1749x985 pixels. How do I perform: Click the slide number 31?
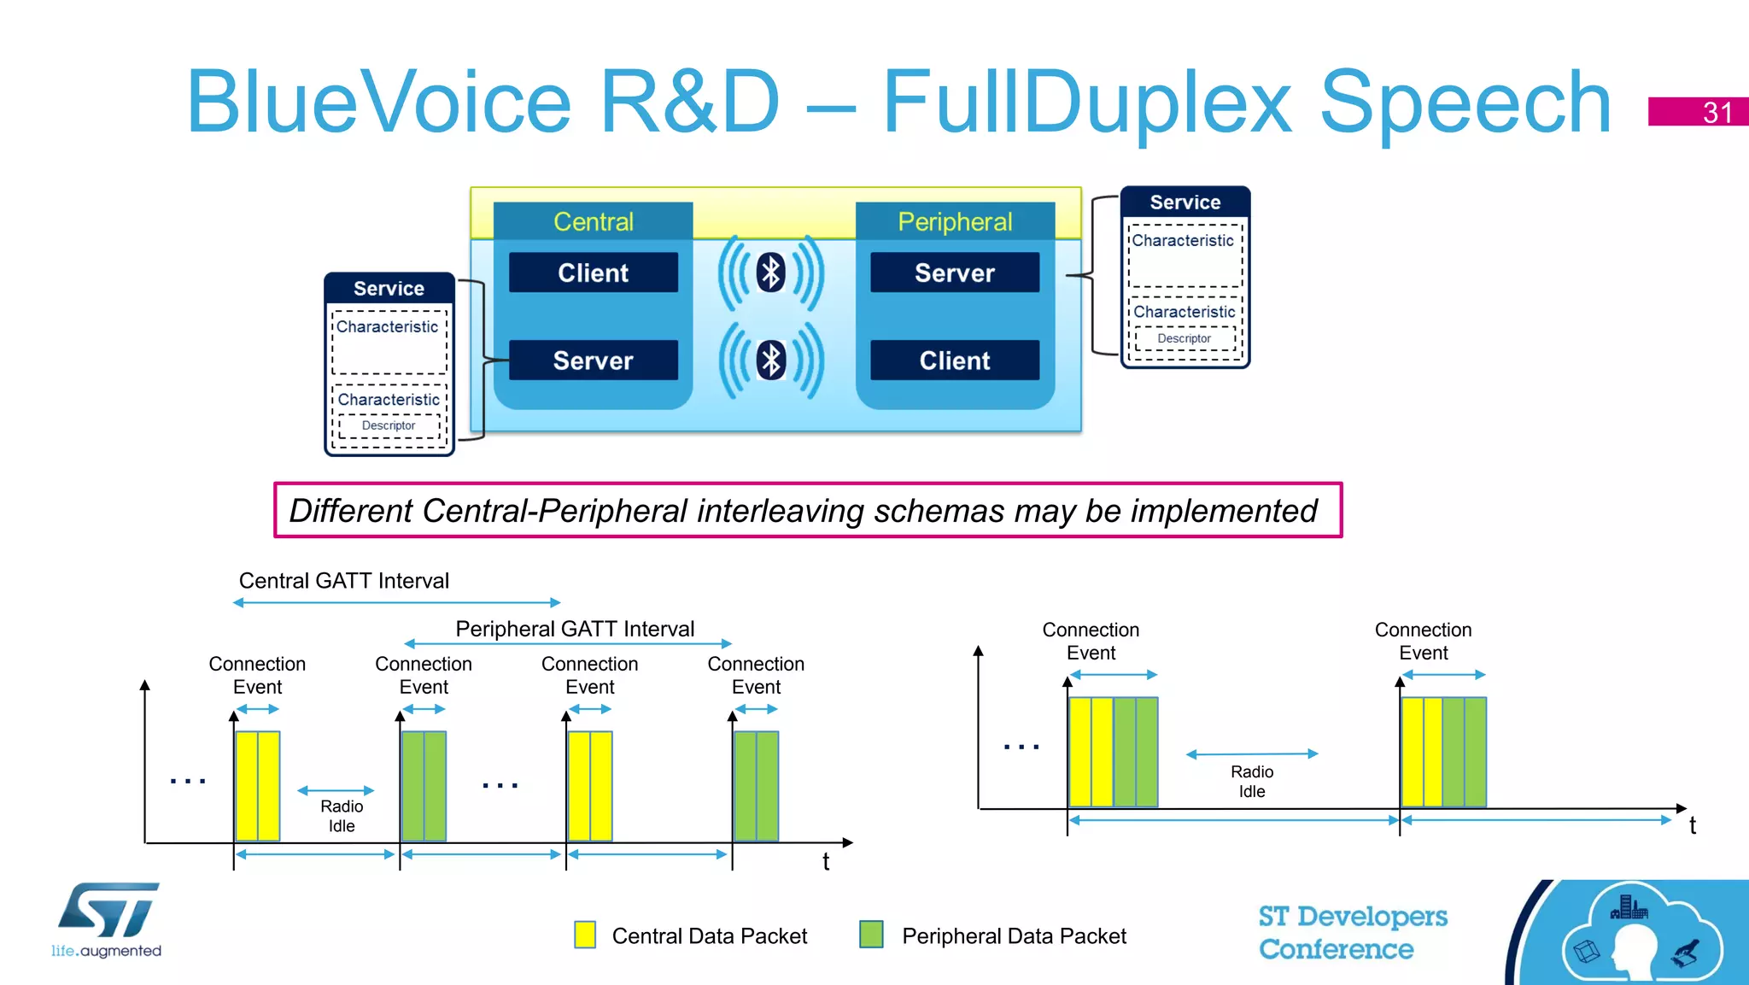point(1717,112)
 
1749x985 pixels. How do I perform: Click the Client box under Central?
point(593,273)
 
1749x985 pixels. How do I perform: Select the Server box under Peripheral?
point(954,273)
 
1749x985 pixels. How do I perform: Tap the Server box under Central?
point(593,361)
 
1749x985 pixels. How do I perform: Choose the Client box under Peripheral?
point(954,361)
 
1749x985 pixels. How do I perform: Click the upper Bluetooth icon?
point(771,273)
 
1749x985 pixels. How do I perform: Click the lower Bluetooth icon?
point(771,361)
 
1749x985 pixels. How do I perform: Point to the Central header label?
point(593,222)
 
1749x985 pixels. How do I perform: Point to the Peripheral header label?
point(954,222)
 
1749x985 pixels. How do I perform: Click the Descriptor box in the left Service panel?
point(389,425)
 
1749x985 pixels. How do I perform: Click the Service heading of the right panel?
point(1185,202)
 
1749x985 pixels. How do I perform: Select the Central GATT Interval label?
point(343,581)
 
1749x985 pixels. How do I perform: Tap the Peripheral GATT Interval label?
point(575,629)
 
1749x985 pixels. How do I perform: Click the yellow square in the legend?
point(585,935)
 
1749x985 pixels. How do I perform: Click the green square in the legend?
point(871,935)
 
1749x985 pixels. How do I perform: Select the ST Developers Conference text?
point(1352,932)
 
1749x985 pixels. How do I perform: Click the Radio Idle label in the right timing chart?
point(1251,781)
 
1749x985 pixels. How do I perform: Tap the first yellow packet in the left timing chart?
point(257,786)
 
